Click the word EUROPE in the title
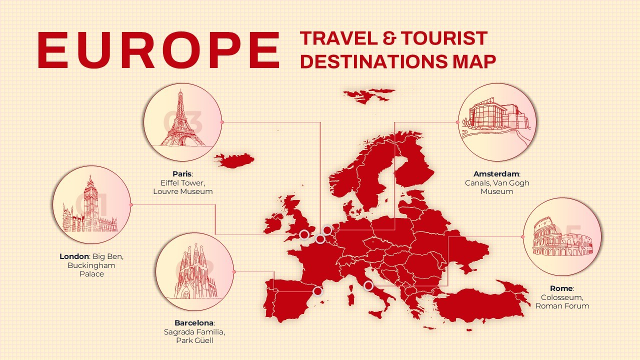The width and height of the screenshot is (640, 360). [x=158, y=50]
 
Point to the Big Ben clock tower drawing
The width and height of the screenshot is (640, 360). [x=90, y=205]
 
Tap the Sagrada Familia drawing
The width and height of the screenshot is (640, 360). [x=195, y=273]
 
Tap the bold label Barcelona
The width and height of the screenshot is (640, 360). [x=194, y=322]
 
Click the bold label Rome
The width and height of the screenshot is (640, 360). [x=561, y=288]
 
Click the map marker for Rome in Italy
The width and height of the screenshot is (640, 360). [x=368, y=285]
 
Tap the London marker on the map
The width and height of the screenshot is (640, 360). [x=304, y=234]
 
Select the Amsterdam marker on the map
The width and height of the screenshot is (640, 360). [x=327, y=230]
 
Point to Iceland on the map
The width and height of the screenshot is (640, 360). [x=234, y=160]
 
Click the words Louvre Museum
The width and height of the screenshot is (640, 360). [x=182, y=191]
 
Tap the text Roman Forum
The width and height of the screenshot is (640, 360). [x=562, y=306]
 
